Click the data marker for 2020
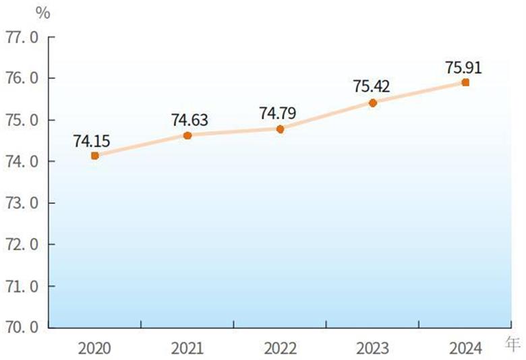tap(95, 156)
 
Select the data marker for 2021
tap(187, 136)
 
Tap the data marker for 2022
tap(281, 129)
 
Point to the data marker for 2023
tap(373, 102)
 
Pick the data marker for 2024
tap(465, 82)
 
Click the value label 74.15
tap(92, 141)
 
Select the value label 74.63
tap(189, 120)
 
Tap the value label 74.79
tap(278, 113)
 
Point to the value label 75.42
tap(371, 87)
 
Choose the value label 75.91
tap(464, 67)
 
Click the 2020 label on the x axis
tap(95, 348)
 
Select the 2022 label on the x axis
tap(281, 348)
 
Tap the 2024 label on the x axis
tap(465, 348)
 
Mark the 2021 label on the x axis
tap(187, 348)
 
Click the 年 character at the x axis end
tap(513, 344)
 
